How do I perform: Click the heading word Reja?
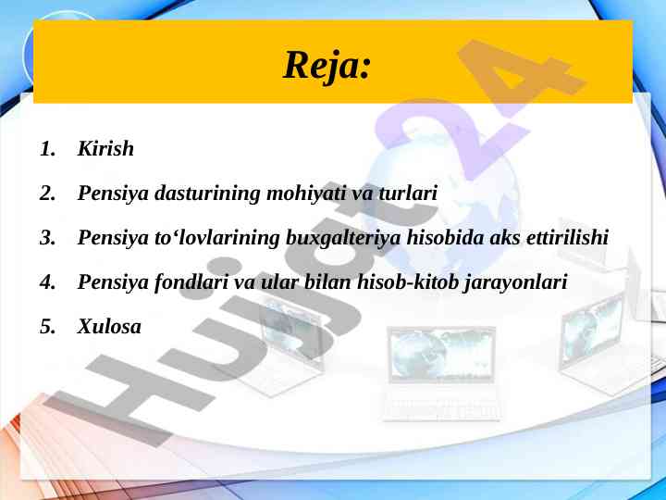coord(327,66)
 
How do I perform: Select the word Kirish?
coord(105,148)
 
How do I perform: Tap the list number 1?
coord(47,149)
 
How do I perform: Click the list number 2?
coord(47,194)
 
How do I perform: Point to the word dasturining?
coord(207,194)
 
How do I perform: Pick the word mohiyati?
coord(306,194)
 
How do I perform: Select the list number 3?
coord(47,238)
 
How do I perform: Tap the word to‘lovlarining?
coord(216,238)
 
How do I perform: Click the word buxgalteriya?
coord(343,238)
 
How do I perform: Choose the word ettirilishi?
coord(567,237)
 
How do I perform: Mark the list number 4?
coord(47,281)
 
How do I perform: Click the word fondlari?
coord(191,282)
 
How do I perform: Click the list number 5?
coord(47,327)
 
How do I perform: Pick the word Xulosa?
coord(109,327)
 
